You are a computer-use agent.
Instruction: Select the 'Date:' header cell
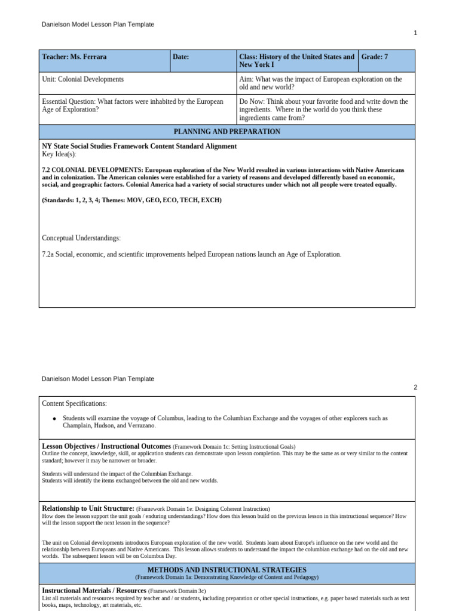[x=181, y=57]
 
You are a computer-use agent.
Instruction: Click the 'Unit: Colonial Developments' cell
[x=83, y=79]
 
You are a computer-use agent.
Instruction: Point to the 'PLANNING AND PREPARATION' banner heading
[x=227, y=132]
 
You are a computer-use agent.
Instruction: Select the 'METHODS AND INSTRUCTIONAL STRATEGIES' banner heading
[x=227, y=570]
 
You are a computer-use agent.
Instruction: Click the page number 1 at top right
[x=415, y=33]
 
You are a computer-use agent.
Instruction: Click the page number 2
[x=415, y=387]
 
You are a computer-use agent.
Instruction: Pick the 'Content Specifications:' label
[x=74, y=404]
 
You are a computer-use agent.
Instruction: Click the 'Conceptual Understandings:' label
[x=81, y=238]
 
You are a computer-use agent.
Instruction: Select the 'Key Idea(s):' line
[x=59, y=154]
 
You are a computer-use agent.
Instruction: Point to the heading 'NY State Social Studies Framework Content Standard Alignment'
[x=139, y=146]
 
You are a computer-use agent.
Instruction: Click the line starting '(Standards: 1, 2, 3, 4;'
[x=131, y=200]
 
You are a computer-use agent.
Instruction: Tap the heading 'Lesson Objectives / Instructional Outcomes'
[x=106, y=446]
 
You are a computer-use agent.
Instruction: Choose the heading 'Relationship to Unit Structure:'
[x=88, y=508]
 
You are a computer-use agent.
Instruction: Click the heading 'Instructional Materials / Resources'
[x=94, y=590]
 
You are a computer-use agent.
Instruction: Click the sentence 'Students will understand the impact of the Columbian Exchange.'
[x=117, y=474]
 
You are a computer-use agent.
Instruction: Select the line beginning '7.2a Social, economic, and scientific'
[x=191, y=255]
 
